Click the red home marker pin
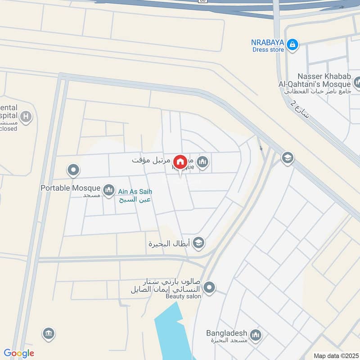180,162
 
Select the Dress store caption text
268,49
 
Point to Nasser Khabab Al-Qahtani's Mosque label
323,81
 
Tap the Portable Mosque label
70,188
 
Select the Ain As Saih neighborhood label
134,191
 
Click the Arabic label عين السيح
134,198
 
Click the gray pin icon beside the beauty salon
209,287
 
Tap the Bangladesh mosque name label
227,333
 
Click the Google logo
19,353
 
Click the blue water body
173,333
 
